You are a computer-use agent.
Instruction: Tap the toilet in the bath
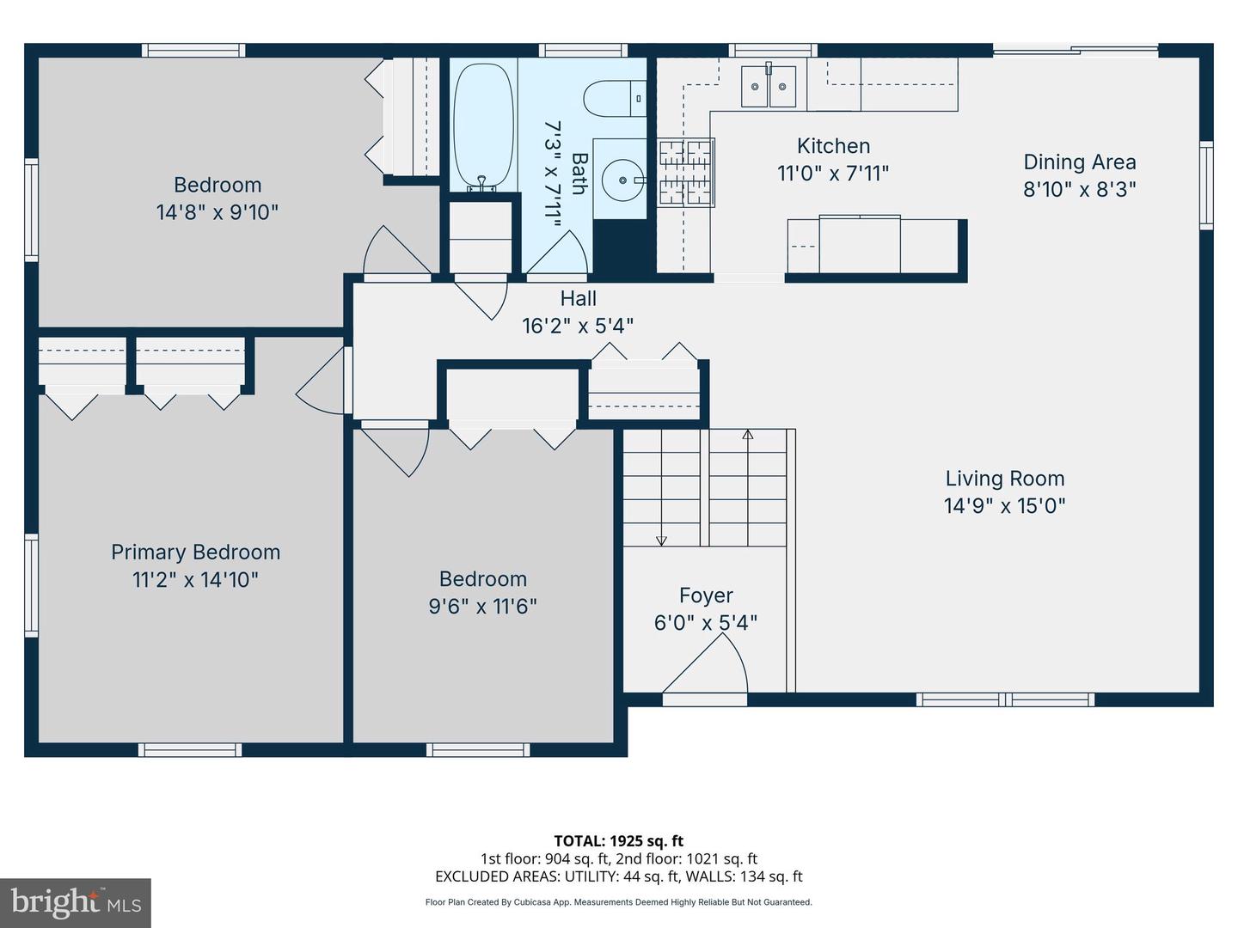point(615,98)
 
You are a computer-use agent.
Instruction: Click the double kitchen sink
point(769,86)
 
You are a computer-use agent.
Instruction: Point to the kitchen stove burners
point(686,173)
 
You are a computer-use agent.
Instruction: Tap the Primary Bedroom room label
point(195,553)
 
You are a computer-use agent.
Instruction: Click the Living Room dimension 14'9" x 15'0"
point(1004,505)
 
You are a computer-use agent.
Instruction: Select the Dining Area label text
point(1079,162)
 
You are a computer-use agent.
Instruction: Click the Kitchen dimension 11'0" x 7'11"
point(832,174)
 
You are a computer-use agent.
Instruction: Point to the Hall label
point(578,298)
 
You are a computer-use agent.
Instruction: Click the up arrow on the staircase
point(747,436)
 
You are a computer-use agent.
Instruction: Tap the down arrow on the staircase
point(661,539)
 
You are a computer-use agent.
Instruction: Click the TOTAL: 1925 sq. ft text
point(618,841)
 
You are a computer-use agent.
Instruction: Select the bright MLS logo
point(76,902)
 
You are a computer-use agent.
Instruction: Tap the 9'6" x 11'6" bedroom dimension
point(482,607)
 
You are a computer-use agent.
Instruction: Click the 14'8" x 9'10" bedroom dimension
point(218,212)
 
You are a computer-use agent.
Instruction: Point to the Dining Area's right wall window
point(1205,186)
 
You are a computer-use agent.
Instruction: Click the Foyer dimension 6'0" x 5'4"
point(705,623)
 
